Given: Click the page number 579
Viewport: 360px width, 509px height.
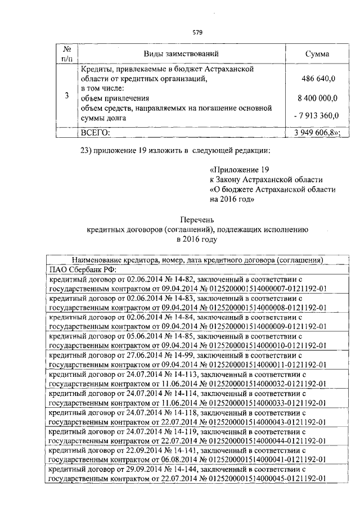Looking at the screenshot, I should (197, 32).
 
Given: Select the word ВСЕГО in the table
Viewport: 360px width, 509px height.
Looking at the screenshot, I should (96, 133).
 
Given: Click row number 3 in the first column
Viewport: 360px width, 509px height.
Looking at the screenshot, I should (66, 96).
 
